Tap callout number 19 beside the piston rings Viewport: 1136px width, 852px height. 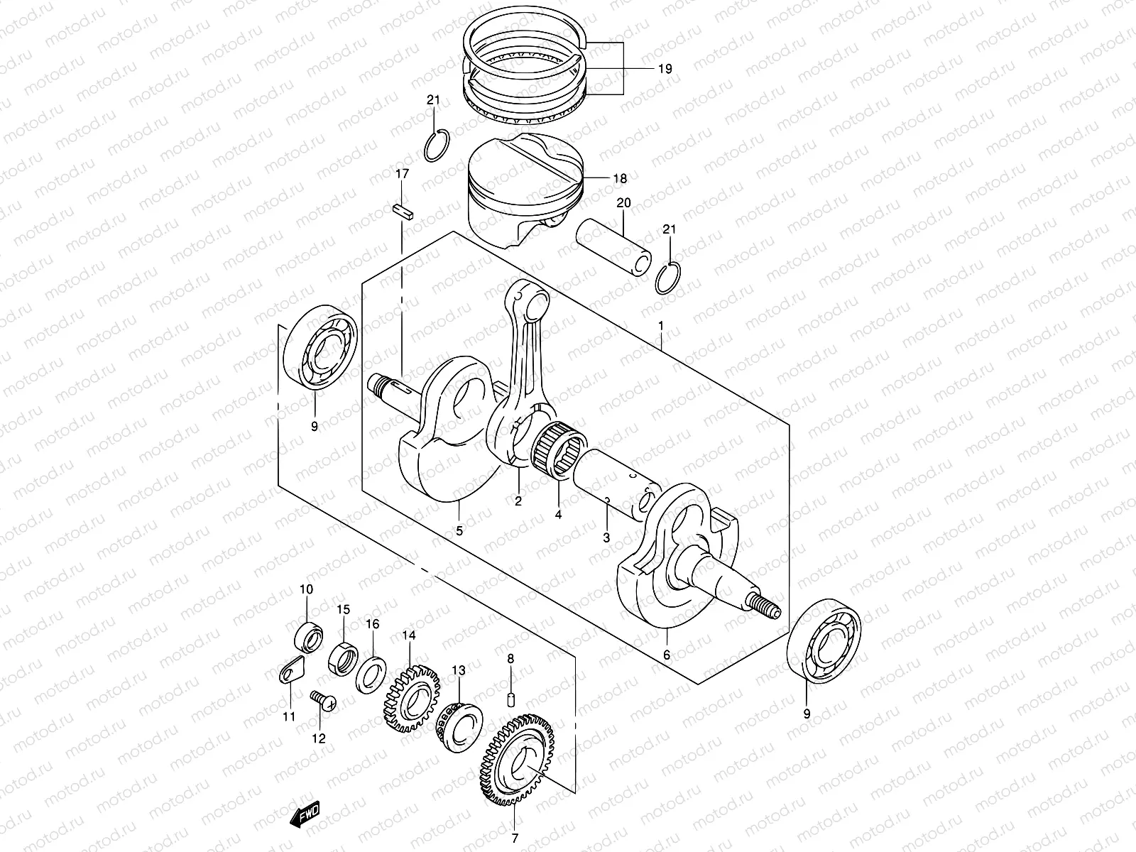tap(664, 69)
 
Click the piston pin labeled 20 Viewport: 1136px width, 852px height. tap(614, 249)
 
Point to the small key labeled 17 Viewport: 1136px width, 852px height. tap(402, 212)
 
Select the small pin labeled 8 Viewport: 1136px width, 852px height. tap(510, 699)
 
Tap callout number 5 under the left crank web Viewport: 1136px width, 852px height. tap(459, 530)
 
